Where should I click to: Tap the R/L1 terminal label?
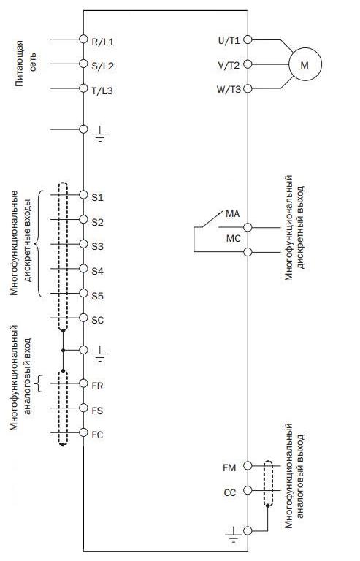click(103, 42)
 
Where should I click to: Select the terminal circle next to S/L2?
click(83, 64)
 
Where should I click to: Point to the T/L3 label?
click(102, 91)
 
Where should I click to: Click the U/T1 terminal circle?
click(248, 39)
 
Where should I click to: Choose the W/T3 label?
click(229, 89)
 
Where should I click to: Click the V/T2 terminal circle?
click(248, 64)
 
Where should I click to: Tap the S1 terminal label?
click(97, 197)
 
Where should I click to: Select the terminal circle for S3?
click(83, 244)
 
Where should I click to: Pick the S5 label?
click(97, 297)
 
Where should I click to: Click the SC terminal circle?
click(83, 317)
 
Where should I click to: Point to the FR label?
click(97, 386)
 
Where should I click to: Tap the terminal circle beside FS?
click(83, 408)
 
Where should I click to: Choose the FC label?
click(97, 435)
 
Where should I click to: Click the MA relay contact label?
click(233, 214)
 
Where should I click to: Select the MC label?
click(234, 238)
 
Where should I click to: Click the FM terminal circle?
click(248, 465)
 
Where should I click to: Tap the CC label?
click(230, 492)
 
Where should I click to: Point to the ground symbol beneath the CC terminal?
click(233, 535)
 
